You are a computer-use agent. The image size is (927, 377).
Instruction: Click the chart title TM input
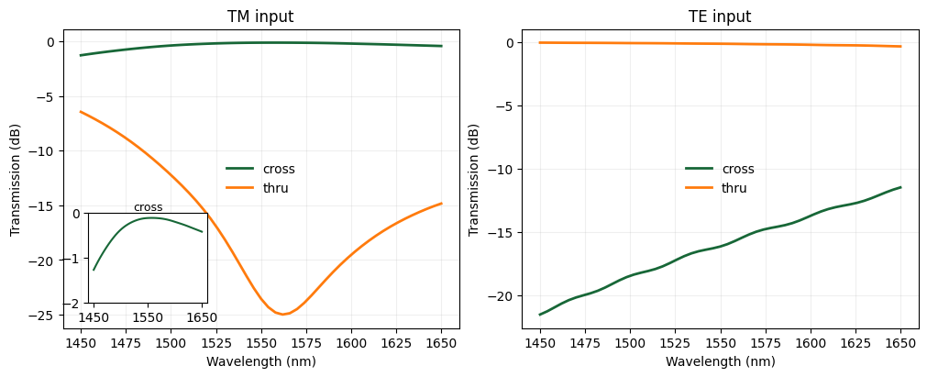click(260, 17)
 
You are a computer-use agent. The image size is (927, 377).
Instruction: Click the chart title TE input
click(720, 17)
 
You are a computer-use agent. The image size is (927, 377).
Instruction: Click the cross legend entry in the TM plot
click(279, 169)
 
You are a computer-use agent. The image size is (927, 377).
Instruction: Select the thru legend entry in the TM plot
click(275, 188)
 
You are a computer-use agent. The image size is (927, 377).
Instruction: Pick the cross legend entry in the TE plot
click(738, 169)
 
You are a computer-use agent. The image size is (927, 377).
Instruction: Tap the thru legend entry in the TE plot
click(734, 188)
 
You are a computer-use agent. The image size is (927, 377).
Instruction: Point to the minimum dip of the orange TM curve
click(284, 315)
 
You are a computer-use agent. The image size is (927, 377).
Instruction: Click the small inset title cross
click(148, 207)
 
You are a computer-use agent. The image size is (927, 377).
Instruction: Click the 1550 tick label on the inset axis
click(148, 317)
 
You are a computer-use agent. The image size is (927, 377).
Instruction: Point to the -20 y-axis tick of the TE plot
click(505, 296)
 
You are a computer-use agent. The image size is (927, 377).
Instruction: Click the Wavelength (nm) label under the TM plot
click(260, 361)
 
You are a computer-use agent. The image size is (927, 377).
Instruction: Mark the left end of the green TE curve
click(540, 315)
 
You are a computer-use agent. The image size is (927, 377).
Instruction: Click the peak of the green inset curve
click(150, 217)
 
